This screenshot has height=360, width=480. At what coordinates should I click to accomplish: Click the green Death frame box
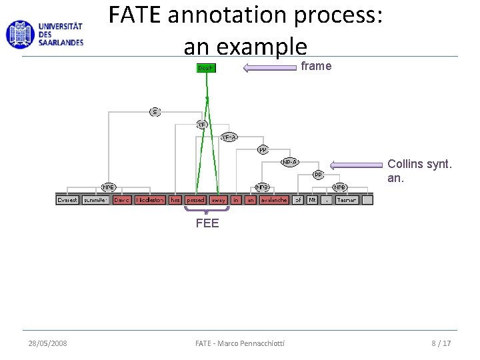(x=205, y=68)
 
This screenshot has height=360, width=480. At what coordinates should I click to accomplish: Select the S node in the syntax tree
(x=155, y=111)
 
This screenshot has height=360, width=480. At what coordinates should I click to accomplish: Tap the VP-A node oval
(x=229, y=137)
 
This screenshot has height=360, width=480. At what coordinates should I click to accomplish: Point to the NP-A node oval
(x=290, y=161)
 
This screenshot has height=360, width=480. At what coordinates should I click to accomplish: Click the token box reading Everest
(x=67, y=200)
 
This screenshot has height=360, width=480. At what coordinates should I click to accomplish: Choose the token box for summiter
(x=95, y=200)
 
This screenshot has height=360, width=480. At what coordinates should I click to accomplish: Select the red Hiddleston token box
(x=150, y=200)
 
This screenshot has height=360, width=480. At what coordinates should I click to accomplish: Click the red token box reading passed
(x=195, y=200)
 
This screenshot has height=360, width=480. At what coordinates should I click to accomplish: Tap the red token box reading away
(x=218, y=200)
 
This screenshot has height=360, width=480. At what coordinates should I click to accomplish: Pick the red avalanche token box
(x=273, y=200)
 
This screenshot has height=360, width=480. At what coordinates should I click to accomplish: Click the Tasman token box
(x=347, y=200)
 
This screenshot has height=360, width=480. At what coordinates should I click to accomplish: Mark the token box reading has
(x=175, y=200)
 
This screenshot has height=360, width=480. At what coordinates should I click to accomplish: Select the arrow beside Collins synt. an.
(x=356, y=164)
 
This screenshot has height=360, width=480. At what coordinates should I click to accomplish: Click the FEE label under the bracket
(x=207, y=223)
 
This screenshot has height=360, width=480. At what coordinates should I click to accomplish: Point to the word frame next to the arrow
(x=316, y=66)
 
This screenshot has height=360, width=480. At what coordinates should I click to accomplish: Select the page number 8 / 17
(x=441, y=343)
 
